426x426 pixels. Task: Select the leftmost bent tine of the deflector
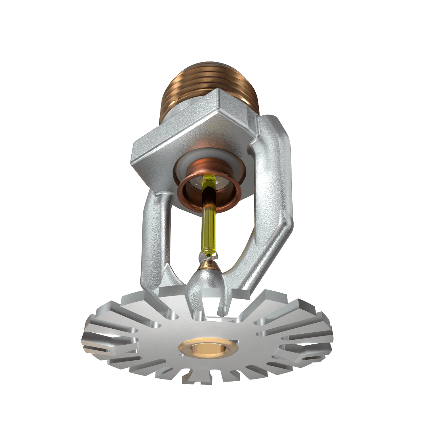pyautogui.click(x=92, y=341)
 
